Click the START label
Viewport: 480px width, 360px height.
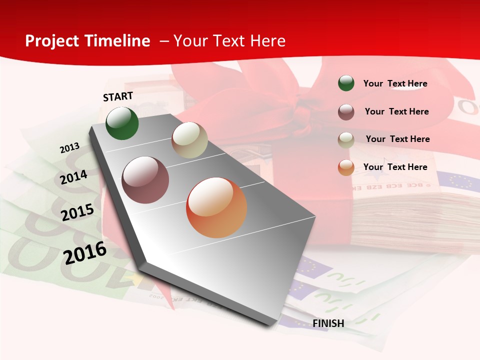118,96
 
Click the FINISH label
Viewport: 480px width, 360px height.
328,323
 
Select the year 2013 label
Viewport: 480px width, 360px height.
69,148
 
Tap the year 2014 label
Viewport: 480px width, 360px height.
74,177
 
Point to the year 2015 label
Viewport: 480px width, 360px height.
77,212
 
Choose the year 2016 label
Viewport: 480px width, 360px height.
85,253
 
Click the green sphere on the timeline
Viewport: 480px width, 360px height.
122,123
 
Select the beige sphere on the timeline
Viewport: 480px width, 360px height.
189,140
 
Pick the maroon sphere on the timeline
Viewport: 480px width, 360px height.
145,180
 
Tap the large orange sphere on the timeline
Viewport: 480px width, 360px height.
216,207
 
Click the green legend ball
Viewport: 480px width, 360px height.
346,83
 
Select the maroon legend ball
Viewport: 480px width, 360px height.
346,112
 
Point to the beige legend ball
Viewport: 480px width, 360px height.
346,140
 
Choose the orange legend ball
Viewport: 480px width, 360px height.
346,167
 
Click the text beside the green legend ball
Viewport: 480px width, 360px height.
395,83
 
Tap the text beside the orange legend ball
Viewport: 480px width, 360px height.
395,167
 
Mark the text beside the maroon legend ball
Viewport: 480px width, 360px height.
396,111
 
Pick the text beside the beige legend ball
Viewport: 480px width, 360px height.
397,139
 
